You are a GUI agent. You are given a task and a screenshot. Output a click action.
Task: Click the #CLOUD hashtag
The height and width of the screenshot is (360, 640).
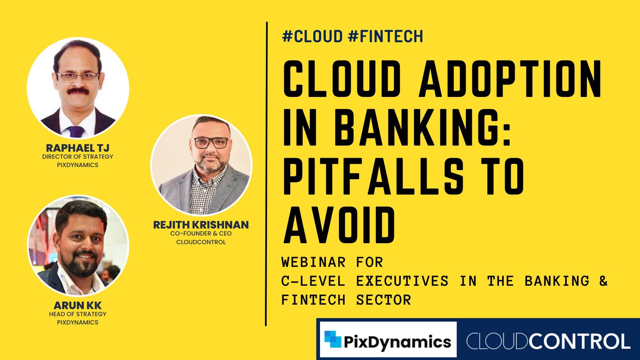(313, 36)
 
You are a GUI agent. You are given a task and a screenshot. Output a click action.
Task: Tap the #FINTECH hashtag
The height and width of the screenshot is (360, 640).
(385, 36)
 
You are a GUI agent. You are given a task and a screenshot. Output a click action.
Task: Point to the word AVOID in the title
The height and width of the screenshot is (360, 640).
(339, 225)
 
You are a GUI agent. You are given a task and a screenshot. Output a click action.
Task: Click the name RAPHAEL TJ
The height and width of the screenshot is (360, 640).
(78, 148)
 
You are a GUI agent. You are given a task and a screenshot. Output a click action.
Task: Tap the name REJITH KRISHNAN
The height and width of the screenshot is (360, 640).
(201, 225)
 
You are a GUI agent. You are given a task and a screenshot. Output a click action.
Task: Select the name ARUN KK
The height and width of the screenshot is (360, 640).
(77, 305)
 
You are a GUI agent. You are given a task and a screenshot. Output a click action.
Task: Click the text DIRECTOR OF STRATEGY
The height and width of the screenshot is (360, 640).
(78, 157)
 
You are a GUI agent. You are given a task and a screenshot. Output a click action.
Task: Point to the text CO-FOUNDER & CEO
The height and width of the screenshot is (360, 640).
(201, 234)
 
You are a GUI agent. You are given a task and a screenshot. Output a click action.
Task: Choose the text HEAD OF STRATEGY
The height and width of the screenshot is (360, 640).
(78, 314)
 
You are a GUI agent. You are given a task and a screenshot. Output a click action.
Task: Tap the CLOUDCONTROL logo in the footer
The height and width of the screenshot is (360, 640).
(548, 341)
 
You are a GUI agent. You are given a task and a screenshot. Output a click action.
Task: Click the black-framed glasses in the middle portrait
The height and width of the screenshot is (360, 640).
(211, 142)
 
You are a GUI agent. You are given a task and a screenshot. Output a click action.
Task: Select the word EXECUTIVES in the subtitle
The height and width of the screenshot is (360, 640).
(402, 281)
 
